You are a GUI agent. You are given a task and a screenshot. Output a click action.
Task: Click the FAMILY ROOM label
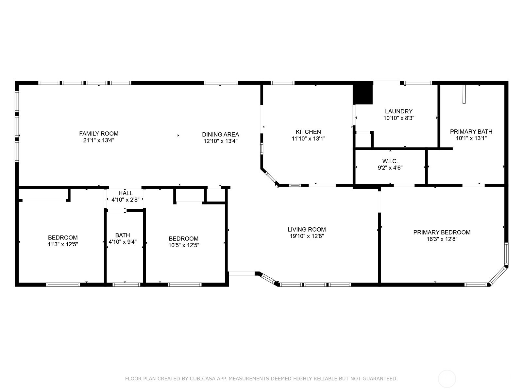tap(99, 134)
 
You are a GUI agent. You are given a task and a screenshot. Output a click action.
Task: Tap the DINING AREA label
tap(220, 135)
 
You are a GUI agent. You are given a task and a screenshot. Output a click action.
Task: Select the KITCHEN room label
tap(308, 132)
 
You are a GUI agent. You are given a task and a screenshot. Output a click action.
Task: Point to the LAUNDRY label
tap(398, 111)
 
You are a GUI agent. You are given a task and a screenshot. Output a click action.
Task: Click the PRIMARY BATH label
tap(471, 132)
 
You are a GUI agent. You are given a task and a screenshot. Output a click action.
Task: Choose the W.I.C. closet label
tap(390, 161)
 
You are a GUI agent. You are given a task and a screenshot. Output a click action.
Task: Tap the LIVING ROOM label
tap(307, 229)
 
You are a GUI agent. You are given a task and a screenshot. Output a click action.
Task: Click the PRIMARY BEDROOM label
tap(442, 232)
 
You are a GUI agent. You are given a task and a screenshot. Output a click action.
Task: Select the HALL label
tap(126, 193)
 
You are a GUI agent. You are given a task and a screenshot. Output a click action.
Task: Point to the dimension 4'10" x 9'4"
tap(123, 242)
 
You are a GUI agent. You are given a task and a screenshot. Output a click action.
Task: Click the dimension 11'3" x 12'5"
tap(63, 244)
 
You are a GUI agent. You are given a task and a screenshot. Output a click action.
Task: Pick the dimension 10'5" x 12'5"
tap(184, 245)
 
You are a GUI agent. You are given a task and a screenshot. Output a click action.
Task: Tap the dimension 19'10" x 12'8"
tap(307, 236)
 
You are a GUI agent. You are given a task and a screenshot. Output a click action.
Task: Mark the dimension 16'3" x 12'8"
tap(442, 239)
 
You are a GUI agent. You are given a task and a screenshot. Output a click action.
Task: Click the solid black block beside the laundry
tap(363, 93)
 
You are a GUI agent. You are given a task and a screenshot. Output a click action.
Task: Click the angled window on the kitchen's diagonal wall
tap(270, 177)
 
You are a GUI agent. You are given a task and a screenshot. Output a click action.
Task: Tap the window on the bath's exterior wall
tap(126, 285)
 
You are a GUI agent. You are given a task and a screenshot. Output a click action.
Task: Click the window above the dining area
tap(221, 83)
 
